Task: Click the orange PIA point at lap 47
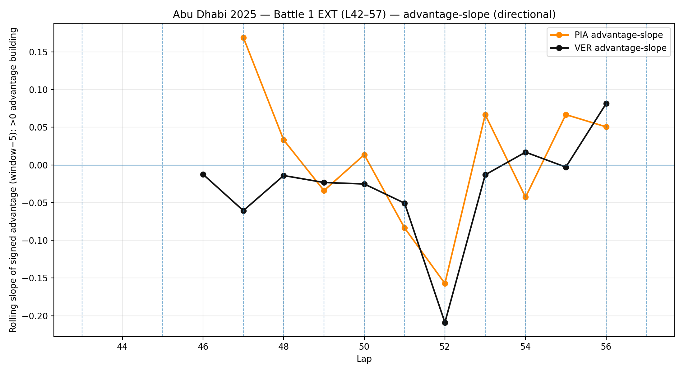(x=243, y=38)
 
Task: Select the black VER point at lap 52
(x=445, y=323)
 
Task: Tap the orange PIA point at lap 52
(x=445, y=283)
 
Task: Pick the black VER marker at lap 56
(x=606, y=104)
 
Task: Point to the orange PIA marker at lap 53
(x=485, y=115)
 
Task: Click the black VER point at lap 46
(x=203, y=174)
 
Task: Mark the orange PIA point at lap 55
(x=566, y=115)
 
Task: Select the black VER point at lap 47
(x=243, y=211)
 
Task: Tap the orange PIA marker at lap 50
(x=364, y=155)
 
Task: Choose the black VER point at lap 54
(x=525, y=152)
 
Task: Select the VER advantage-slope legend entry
(x=620, y=48)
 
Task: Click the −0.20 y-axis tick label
(x=35, y=316)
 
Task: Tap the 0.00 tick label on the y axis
(x=38, y=165)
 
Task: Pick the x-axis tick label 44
(x=122, y=347)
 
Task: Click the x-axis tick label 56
(x=606, y=347)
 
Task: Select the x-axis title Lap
(x=364, y=359)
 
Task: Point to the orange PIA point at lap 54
(x=525, y=197)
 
